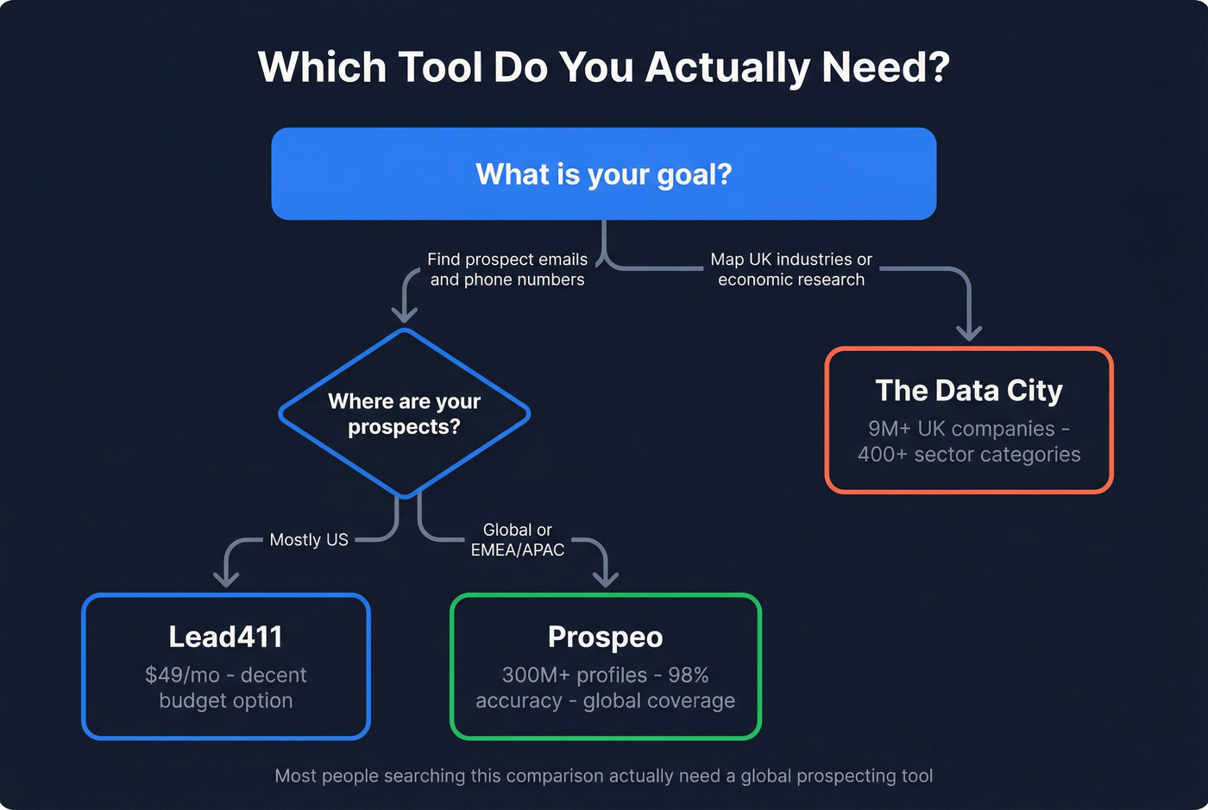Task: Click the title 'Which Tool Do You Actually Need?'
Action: [x=603, y=67]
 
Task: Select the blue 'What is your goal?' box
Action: [x=603, y=174]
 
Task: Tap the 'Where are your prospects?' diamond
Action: [x=404, y=414]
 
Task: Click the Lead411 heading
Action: [x=225, y=637]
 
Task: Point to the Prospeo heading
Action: [x=605, y=637]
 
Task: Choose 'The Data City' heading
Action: [x=969, y=391]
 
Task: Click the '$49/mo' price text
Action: [x=182, y=675]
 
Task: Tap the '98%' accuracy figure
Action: [x=688, y=675]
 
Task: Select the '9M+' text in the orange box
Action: [x=889, y=429]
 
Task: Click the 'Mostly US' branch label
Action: [x=309, y=540]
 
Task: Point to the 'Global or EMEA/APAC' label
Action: [x=518, y=540]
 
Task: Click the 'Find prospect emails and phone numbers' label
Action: [x=507, y=269]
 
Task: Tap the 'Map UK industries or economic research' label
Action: [x=791, y=269]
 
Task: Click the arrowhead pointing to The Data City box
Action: [x=969, y=333]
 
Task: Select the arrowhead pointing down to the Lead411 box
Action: [x=226, y=580]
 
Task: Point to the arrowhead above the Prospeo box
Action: [x=606, y=580]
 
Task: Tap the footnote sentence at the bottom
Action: [x=603, y=776]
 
